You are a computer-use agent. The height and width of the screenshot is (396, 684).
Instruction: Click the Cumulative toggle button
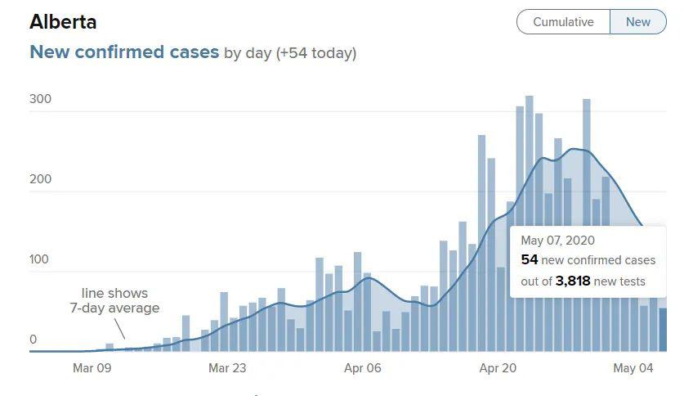tap(563, 22)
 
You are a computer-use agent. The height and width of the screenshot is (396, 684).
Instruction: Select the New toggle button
tap(637, 22)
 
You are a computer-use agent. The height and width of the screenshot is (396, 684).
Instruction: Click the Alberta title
tap(63, 22)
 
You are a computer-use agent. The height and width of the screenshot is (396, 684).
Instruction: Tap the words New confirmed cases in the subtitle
tap(124, 52)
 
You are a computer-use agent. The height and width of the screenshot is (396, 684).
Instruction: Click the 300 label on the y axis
tap(41, 99)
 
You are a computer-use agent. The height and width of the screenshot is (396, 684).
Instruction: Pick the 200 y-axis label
tap(41, 178)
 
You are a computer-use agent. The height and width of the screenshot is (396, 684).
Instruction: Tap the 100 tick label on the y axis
tap(39, 259)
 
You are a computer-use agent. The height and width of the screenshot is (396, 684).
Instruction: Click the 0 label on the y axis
tap(34, 340)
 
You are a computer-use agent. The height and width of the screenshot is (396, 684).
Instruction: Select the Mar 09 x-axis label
tap(92, 368)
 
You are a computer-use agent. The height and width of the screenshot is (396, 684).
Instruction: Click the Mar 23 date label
tap(227, 368)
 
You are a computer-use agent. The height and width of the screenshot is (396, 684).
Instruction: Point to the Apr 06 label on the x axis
tap(363, 368)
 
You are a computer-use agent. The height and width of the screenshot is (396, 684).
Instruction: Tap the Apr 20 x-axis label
tap(498, 368)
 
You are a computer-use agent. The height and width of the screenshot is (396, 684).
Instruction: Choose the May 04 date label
tap(633, 368)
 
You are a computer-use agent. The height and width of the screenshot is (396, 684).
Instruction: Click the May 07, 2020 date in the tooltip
tap(557, 240)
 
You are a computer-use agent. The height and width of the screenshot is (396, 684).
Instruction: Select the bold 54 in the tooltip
tap(530, 259)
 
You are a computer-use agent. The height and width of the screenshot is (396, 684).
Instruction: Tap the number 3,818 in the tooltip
tap(573, 281)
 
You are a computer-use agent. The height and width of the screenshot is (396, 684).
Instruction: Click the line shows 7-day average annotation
tap(114, 300)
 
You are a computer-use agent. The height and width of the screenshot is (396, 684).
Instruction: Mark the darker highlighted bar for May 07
tap(663, 330)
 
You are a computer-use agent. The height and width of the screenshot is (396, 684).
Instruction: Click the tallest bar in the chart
tap(530, 223)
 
